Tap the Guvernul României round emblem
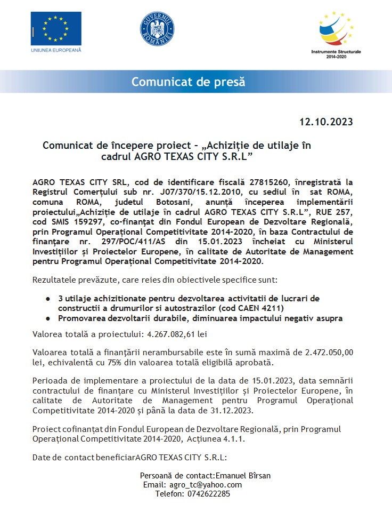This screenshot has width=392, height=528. click(157, 29)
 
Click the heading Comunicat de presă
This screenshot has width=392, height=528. click(189, 82)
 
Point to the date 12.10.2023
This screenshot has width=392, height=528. click(326, 122)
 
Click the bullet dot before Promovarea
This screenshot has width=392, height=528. click(48, 318)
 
